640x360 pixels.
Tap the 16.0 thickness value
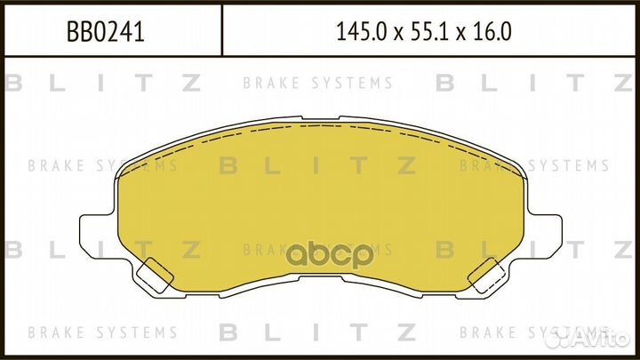490,31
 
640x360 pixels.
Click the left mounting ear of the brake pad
97,232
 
